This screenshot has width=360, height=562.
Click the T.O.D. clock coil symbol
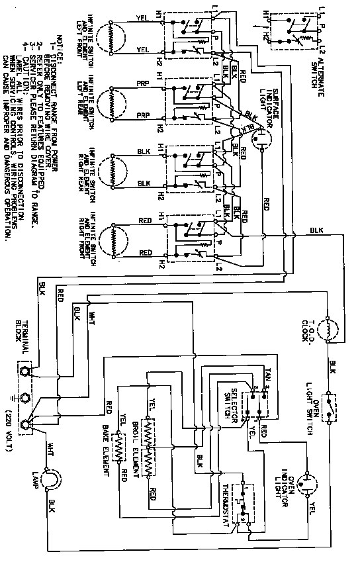330,328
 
